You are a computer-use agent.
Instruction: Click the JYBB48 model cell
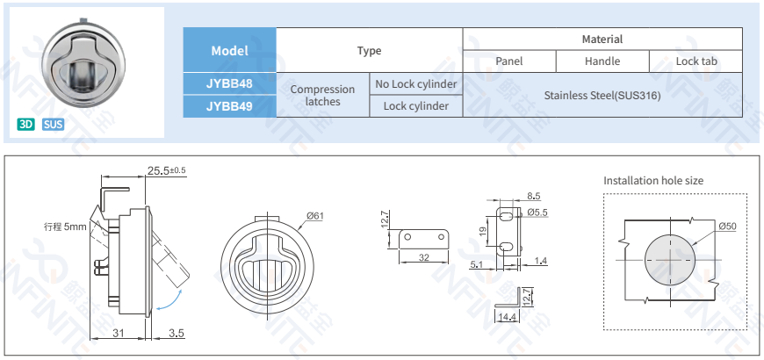pyautogui.click(x=229, y=84)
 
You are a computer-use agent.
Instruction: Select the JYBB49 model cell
pyautogui.click(x=229, y=106)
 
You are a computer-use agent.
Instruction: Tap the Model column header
pyautogui.click(x=229, y=51)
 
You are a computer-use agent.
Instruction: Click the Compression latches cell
pyautogui.click(x=322, y=95)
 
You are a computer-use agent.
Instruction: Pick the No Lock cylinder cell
pyautogui.click(x=415, y=84)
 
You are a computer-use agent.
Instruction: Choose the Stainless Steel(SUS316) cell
pyautogui.click(x=602, y=95)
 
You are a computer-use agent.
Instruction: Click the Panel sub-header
pyautogui.click(x=508, y=61)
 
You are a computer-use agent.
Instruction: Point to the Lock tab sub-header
pyautogui.click(x=696, y=61)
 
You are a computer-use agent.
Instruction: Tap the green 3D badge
pyautogui.click(x=26, y=124)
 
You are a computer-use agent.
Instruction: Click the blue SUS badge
pyautogui.click(x=53, y=124)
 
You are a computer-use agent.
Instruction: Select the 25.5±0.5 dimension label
pyautogui.click(x=167, y=170)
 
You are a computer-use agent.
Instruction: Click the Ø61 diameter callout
pyautogui.click(x=315, y=216)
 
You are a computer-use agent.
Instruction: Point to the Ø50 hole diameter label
pyautogui.click(x=726, y=227)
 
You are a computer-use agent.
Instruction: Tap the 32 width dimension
pyautogui.click(x=424, y=257)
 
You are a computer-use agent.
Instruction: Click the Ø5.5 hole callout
pyautogui.click(x=537, y=212)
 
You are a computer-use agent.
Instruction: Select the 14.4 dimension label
pyautogui.click(x=508, y=317)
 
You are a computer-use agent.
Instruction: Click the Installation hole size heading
pyautogui.click(x=652, y=181)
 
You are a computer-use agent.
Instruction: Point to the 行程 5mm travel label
pyautogui.click(x=65, y=227)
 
